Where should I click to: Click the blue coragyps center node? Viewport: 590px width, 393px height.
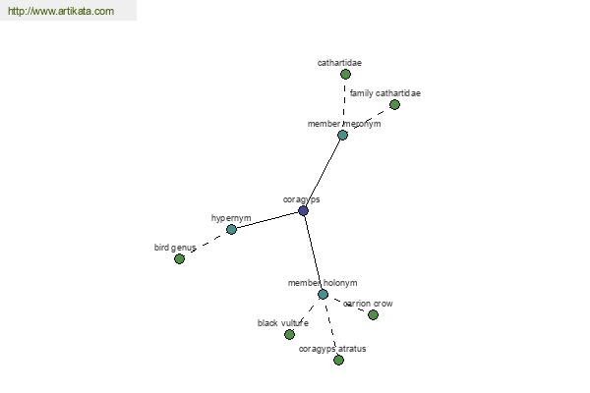[x=303, y=210]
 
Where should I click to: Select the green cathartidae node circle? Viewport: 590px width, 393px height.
[x=345, y=74]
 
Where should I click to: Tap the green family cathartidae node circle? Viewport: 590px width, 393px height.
[x=394, y=104]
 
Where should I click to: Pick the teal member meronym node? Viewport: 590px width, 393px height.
[x=342, y=135]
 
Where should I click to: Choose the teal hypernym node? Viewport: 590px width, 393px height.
[x=231, y=229]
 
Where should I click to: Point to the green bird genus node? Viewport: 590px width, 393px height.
[x=180, y=258]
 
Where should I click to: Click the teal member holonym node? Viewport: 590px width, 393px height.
[x=323, y=294]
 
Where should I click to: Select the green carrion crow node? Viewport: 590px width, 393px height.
[x=373, y=314]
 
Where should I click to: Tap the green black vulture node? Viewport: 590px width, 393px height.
[x=289, y=334]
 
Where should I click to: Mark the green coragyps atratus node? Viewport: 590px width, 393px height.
[x=338, y=360]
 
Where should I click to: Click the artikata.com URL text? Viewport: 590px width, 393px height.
[x=61, y=11]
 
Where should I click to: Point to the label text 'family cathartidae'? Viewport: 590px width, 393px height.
[x=385, y=93]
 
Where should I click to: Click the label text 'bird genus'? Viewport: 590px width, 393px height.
[x=175, y=248]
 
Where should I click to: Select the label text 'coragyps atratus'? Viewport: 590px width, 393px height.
[x=332, y=349]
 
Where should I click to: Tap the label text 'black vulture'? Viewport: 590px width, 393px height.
[x=283, y=323]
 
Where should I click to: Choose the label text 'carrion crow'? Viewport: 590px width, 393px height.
[x=368, y=304]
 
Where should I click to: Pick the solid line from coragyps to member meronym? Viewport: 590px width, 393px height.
[x=323, y=173]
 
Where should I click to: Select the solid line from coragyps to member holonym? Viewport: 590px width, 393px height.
[x=313, y=253]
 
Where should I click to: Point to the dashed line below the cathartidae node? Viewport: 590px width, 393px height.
[x=344, y=98]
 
